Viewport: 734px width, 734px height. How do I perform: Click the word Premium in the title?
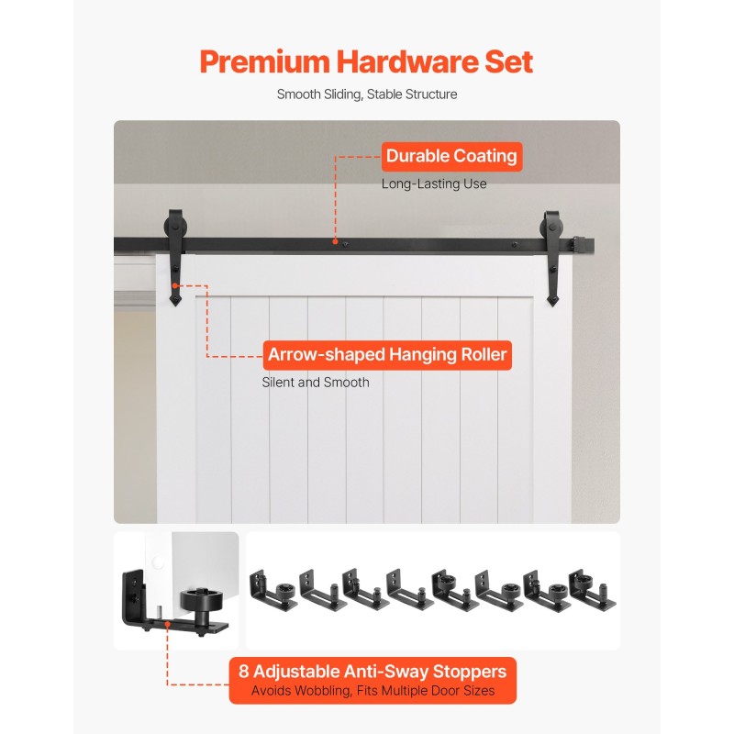[x=264, y=62]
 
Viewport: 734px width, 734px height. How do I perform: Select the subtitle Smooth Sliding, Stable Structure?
[x=367, y=95]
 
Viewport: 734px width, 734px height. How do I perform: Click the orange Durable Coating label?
[x=451, y=156]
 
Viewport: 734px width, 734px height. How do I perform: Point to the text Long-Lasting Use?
[x=434, y=184]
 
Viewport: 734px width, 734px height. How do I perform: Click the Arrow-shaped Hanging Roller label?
[x=387, y=355]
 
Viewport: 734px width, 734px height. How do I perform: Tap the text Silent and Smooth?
[x=316, y=383]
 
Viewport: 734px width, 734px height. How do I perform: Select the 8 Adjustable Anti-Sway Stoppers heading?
[x=373, y=672]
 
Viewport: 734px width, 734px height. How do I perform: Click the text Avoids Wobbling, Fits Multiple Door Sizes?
[x=373, y=691]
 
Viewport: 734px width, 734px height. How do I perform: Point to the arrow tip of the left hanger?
[x=175, y=306]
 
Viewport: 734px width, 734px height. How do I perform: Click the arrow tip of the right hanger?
[x=552, y=306]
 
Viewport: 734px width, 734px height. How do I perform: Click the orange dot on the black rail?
[x=335, y=241]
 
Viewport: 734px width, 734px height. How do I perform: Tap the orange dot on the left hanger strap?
[x=175, y=285]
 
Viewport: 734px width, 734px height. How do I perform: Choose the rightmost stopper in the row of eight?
[x=593, y=590]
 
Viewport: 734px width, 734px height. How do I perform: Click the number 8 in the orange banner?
[x=243, y=672]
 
